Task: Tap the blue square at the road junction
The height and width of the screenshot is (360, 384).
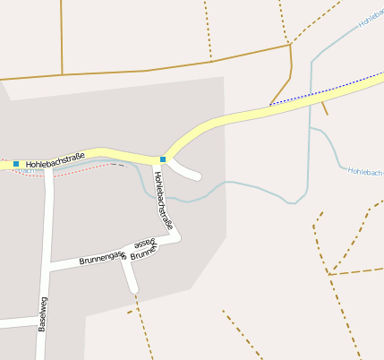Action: (163, 159)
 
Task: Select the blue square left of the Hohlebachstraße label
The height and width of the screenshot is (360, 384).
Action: (16, 164)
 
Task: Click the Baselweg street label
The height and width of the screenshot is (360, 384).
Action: (43, 313)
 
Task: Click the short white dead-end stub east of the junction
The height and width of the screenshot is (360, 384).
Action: (188, 171)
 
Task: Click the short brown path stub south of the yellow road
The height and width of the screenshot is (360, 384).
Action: (323, 107)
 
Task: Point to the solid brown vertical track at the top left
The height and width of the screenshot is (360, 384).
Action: (62, 36)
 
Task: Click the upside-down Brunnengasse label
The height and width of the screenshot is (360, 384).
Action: (143, 248)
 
